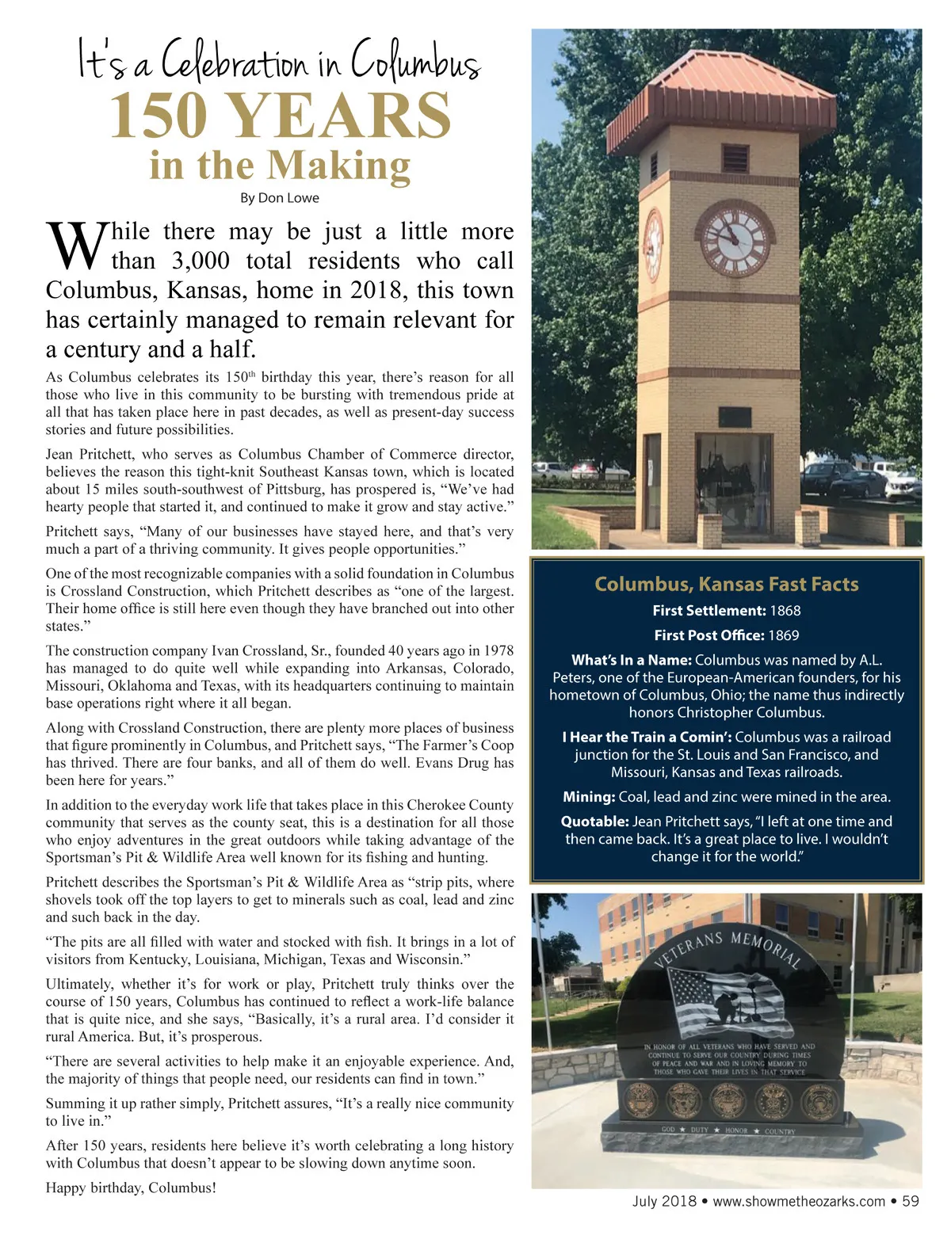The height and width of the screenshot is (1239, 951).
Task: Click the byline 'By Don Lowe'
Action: [x=280, y=198]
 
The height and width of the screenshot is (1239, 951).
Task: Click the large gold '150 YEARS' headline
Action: [x=281, y=116]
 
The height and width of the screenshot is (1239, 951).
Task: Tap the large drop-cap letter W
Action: [x=76, y=246]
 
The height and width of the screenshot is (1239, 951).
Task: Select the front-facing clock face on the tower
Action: [x=736, y=238]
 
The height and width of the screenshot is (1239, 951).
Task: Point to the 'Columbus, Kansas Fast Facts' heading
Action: [x=727, y=585]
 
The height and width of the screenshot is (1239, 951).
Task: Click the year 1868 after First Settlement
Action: [x=785, y=611]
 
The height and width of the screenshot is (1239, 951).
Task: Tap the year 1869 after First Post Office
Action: [x=783, y=635]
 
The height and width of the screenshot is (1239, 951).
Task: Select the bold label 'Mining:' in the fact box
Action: [x=589, y=797]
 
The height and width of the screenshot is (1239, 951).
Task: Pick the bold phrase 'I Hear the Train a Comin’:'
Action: [x=647, y=738]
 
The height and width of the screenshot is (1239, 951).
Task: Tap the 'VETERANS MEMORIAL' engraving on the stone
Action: [x=728, y=949]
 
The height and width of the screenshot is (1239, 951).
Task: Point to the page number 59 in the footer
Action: [x=911, y=1201]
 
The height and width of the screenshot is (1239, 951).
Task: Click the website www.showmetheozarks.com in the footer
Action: [x=799, y=1202]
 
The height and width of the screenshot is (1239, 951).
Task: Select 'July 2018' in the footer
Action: [x=664, y=1202]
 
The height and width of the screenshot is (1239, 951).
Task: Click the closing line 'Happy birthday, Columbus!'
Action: [x=131, y=1188]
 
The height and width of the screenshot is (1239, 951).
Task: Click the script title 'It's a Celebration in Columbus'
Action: [x=279, y=60]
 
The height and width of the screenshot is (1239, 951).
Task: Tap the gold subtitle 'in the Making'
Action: [x=280, y=166]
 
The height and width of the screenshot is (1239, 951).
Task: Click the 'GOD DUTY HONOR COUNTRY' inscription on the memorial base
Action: [x=728, y=1130]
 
